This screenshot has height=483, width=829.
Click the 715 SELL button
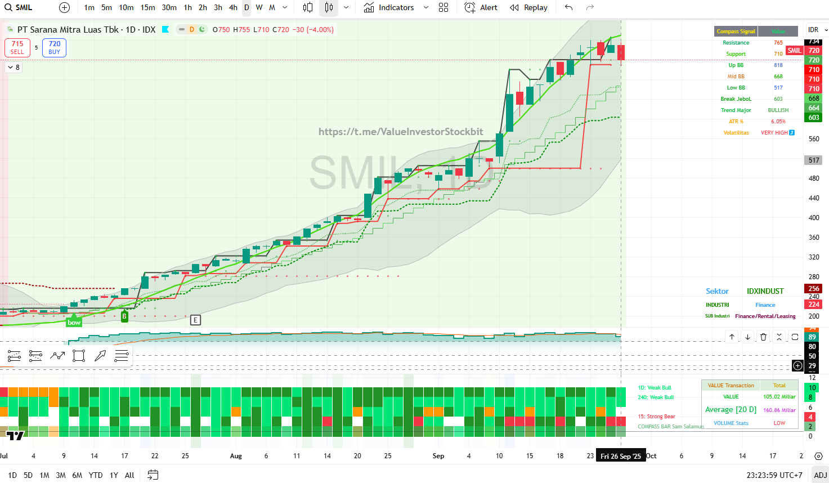click(x=17, y=47)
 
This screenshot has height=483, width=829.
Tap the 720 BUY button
click(x=54, y=47)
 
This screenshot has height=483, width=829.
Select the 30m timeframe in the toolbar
click(x=169, y=7)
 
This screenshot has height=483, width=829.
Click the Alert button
click(x=481, y=7)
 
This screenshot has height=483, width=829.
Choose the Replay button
click(x=528, y=7)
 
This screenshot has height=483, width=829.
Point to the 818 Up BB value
click(x=778, y=65)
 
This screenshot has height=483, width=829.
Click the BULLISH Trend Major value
click(x=778, y=110)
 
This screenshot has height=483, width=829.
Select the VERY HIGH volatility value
click(x=774, y=133)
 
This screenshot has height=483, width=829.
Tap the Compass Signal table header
click(x=736, y=32)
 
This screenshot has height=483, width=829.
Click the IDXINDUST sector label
click(x=765, y=291)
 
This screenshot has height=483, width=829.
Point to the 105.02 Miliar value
click(x=779, y=397)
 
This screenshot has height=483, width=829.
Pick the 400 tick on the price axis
click(x=814, y=218)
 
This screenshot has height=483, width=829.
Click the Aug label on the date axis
click(x=236, y=456)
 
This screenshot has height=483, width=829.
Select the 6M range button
click(x=77, y=475)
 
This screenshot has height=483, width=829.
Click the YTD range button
click(x=96, y=475)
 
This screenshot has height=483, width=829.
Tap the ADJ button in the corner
click(x=820, y=475)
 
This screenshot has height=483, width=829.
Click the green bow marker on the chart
click(x=74, y=323)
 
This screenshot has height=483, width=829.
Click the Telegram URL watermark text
click(x=401, y=132)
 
